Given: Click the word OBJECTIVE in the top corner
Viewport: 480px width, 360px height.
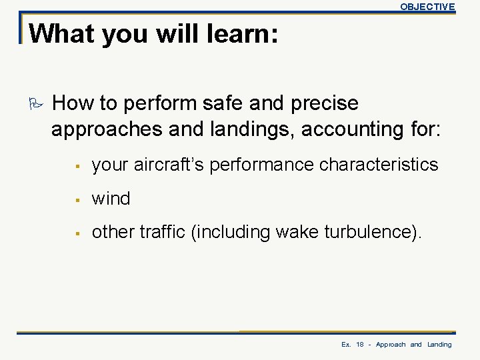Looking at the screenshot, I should tap(427, 7).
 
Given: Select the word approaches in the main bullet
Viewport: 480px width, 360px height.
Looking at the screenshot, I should tap(107, 129).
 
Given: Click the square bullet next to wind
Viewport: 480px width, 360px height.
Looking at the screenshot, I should tap(78, 199).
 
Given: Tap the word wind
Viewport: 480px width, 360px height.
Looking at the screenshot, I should tap(111, 198).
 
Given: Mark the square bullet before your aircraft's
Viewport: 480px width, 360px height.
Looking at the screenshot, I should tap(78, 165).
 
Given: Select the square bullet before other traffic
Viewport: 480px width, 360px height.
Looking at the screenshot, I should tap(78, 233).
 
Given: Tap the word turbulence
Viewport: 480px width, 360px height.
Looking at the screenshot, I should tap(369, 232).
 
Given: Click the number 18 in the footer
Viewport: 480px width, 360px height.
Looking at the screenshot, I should tap(359, 345).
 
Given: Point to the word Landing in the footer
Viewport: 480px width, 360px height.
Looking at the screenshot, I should tap(439, 345).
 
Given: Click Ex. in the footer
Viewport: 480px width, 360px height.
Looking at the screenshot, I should tap(346, 345).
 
